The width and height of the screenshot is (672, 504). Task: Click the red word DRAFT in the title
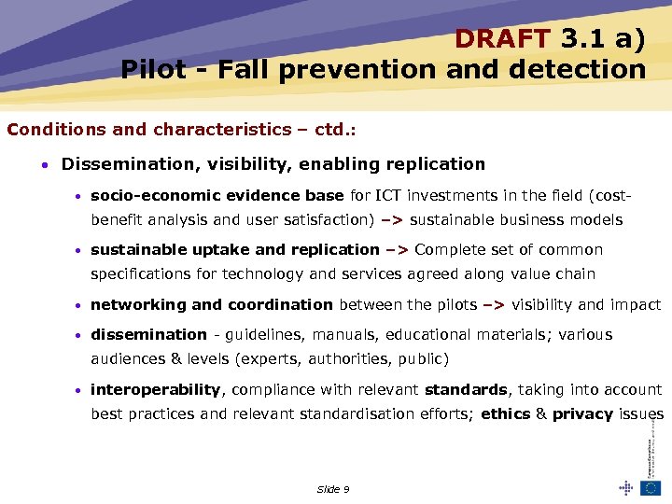[x=504, y=38]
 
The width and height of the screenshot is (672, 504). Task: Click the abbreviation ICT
[x=388, y=196]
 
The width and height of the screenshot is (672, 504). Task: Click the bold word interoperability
[x=155, y=389]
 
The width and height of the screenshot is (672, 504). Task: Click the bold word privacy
[x=582, y=414]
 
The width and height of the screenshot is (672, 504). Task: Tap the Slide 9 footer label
[x=333, y=489]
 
